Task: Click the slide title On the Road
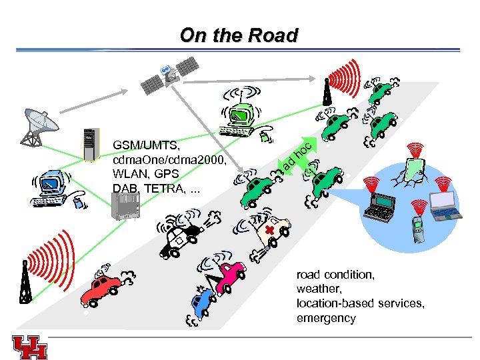click(x=239, y=35)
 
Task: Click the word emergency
click(x=326, y=318)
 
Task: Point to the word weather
click(x=317, y=289)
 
